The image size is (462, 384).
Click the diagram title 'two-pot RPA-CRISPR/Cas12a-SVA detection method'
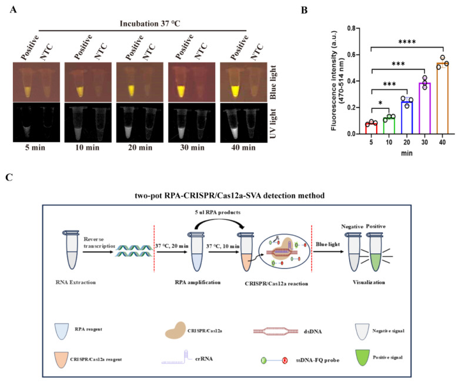click(x=232, y=195)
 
